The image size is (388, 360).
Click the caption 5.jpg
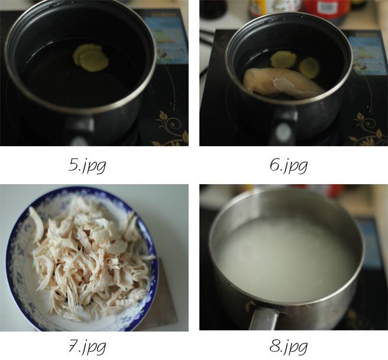(87, 165)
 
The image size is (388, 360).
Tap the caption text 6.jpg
(288, 165)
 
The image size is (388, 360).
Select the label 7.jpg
(87, 345)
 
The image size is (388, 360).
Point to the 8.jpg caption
(288, 345)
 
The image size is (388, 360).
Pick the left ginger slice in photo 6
(283, 59)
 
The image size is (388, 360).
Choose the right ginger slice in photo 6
(309, 67)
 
